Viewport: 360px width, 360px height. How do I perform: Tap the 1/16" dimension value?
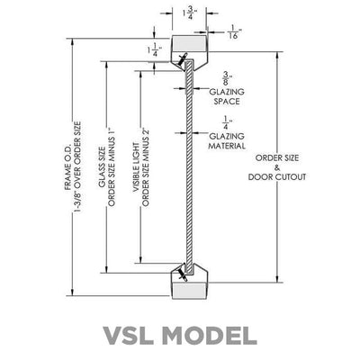point(234,31)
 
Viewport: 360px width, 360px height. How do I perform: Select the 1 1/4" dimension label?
point(155,49)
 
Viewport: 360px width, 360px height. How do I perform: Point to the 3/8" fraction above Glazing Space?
point(228,78)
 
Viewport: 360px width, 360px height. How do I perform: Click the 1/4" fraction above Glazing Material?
point(228,123)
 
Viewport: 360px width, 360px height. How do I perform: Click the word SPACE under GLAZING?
point(227,102)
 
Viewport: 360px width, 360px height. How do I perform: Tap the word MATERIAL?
point(227,146)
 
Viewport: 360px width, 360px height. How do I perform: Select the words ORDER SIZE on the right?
point(277,157)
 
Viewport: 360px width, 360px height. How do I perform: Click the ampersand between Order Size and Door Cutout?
point(277,167)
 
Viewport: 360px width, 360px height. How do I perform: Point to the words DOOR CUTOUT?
point(277,177)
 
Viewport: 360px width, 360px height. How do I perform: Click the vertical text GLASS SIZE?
point(102,166)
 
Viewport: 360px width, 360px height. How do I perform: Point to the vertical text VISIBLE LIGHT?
point(136,167)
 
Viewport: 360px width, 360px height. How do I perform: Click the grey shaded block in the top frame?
point(190,43)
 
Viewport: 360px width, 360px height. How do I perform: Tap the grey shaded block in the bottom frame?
point(190,291)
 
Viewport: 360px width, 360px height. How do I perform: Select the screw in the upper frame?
point(182,59)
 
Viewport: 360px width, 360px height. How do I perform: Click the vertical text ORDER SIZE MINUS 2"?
point(146,167)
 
